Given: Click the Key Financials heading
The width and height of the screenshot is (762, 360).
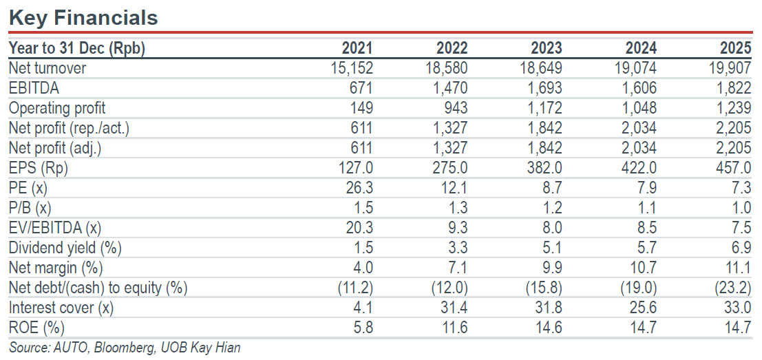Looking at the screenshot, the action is tap(83, 18).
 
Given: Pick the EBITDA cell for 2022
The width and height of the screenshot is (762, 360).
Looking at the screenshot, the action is tap(449, 88).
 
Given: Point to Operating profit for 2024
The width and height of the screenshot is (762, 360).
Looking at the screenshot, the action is tap(639, 108).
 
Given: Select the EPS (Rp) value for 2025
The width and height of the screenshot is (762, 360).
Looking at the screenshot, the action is tap(733, 168).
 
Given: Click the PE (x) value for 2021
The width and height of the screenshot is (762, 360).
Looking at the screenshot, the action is tap(359, 188).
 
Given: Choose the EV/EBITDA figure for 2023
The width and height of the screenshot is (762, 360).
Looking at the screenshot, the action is tap(552, 228).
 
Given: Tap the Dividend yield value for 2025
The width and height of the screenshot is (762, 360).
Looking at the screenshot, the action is tap(741, 248).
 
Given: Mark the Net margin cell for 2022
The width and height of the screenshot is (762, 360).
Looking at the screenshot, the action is tap(458, 268).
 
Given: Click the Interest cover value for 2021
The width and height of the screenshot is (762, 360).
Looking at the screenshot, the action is tap(363, 308).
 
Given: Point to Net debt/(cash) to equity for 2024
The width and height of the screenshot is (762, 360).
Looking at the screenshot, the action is tap(639, 288).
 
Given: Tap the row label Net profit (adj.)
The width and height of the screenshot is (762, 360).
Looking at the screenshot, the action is tap(55, 149).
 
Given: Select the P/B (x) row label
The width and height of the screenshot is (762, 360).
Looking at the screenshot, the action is tap(30, 209).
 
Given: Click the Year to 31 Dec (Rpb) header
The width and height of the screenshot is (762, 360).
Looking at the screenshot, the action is tap(77, 49).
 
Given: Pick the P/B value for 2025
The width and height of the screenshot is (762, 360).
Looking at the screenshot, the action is tap(741, 208).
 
